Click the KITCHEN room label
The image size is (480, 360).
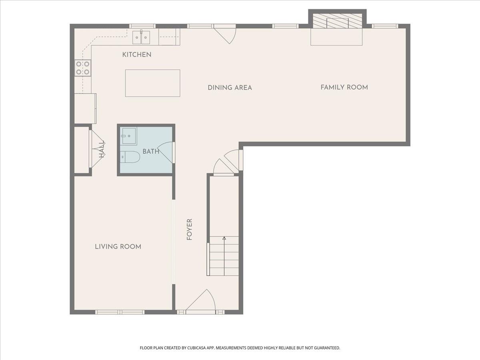137,55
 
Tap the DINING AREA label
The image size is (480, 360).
230,88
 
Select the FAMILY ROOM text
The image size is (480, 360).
344,88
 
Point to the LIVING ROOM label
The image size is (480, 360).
118,247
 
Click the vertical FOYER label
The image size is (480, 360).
189,230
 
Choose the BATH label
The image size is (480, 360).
151,152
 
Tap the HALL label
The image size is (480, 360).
102,149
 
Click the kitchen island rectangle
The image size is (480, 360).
153,83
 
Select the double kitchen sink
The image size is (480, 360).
141,37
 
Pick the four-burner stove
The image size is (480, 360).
83,68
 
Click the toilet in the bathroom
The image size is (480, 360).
130,157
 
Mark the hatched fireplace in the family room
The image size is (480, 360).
337,20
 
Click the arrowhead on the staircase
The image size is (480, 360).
224,238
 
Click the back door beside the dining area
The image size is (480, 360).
225,34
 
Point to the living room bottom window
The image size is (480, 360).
120,312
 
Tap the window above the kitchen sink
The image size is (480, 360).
142,26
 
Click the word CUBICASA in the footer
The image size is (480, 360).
197,348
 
